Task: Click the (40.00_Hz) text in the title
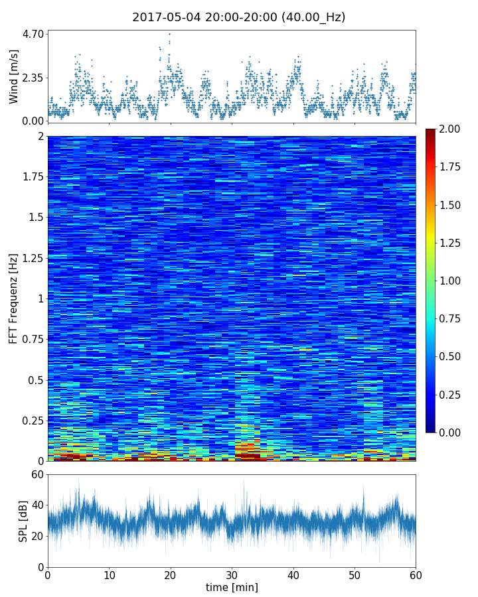pyautogui.click(x=312, y=18)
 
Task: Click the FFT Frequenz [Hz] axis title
pyautogui.click(x=14, y=298)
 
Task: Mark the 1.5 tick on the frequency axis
pyautogui.click(x=35, y=218)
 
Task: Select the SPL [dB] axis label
pyautogui.click(x=24, y=521)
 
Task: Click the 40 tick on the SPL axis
pyautogui.click(x=37, y=505)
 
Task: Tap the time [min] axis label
pyautogui.click(x=232, y=588)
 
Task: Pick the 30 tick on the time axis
pyautogui.click(x=232, y=574)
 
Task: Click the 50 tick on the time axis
pyautogui.click(x=355, y=574)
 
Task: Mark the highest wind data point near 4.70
pyautogui.click(x=169, y=34)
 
